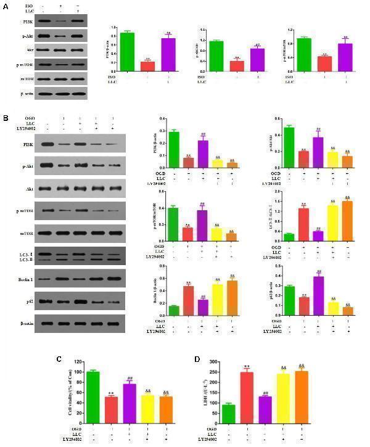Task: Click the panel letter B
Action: tap(6, 117)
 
